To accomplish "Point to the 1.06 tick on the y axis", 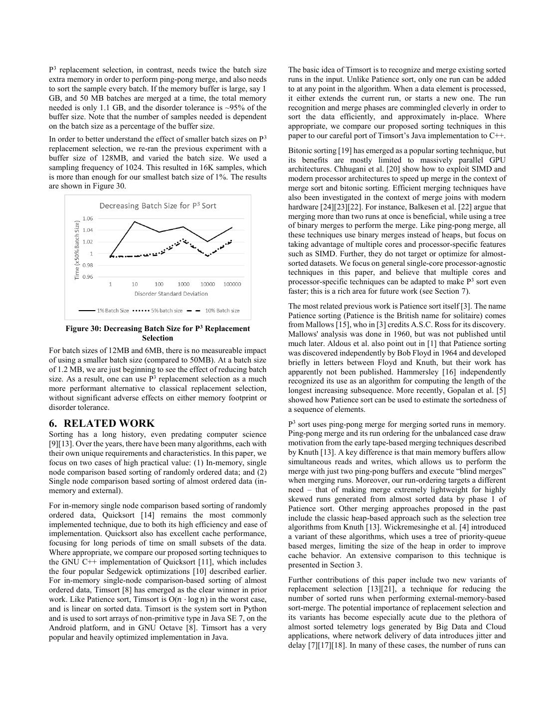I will click(x=88, y=218).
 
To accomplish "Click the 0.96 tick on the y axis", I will click(x=88, y=277).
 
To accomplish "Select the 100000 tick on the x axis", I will click(x=232, y=284).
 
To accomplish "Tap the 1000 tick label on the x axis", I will click(x=183, y=284).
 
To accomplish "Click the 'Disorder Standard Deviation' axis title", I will click(x=171, y=294).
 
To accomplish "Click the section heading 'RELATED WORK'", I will click(x=109, y=423).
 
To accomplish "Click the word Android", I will click(x=63, y=628).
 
